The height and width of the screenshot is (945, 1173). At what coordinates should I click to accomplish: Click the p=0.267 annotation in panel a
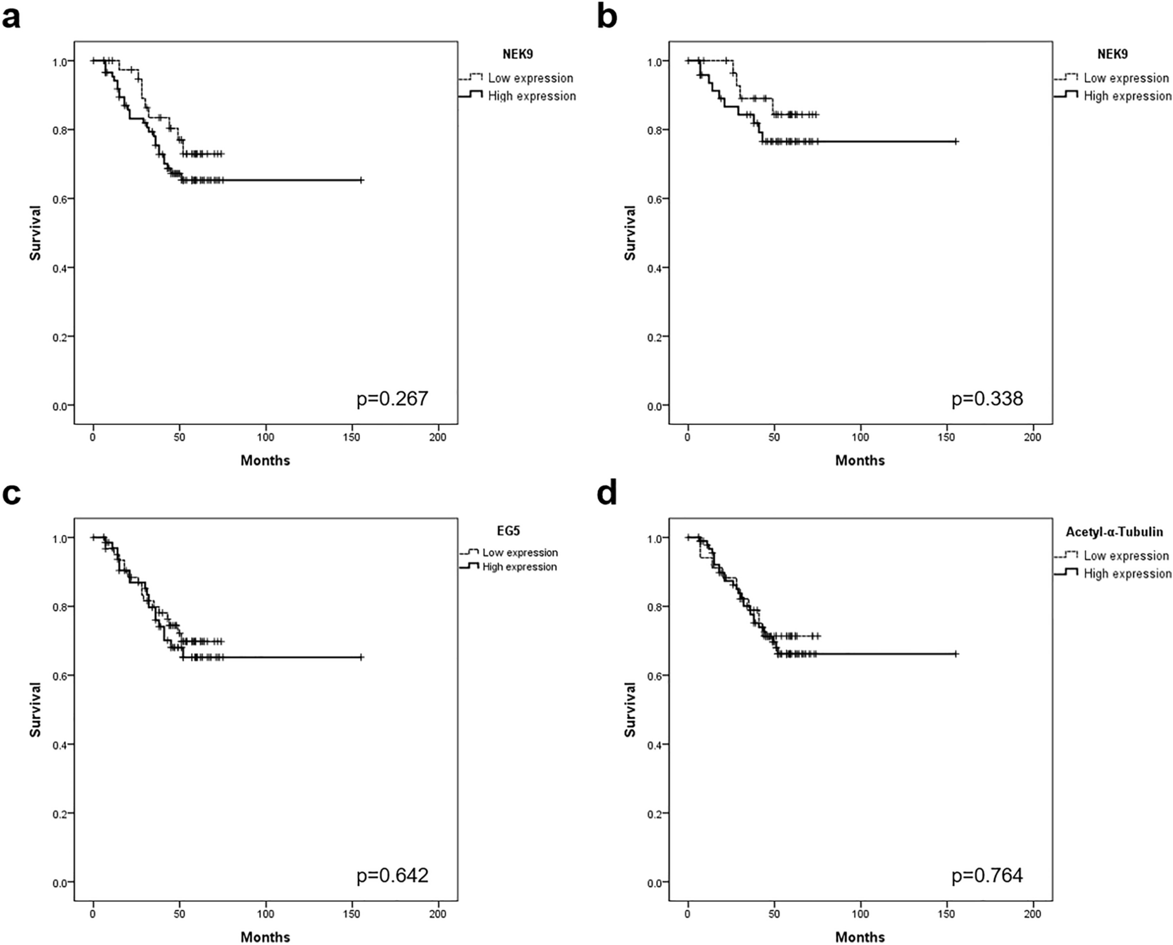click(392, 399)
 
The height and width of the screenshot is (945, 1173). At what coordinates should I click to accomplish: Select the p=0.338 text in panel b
click(987, 399)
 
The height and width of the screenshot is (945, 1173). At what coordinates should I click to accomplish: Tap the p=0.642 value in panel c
click(392, 875)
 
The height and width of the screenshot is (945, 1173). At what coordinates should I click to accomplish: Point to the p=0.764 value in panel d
click(987, 875)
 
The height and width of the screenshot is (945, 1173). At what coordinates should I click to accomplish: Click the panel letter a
click(11, 17)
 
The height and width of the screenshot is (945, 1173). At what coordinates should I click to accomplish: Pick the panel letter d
click(607, 492)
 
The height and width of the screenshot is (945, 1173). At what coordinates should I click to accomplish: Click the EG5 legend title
click(508, 531)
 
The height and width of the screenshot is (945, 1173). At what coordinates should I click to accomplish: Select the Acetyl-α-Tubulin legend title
click(1114, 531)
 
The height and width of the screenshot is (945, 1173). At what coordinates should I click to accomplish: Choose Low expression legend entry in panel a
click(530, 78)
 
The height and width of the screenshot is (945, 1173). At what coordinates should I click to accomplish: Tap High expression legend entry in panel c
click(519, 567)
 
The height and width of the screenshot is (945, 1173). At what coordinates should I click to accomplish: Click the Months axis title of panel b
click(860, 460)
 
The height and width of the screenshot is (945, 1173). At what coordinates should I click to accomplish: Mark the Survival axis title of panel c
click(35, 709)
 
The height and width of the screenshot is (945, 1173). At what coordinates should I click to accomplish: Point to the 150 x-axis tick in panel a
click(351, 437)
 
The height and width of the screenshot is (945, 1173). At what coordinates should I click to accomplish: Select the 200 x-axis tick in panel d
click(1032, 914)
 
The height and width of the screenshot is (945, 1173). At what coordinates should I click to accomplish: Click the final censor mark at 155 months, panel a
click(361, 180)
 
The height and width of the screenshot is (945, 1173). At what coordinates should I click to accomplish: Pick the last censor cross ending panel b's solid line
click(956, 142)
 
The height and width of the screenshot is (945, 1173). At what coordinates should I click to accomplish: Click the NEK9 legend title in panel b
click(1112, 54)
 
